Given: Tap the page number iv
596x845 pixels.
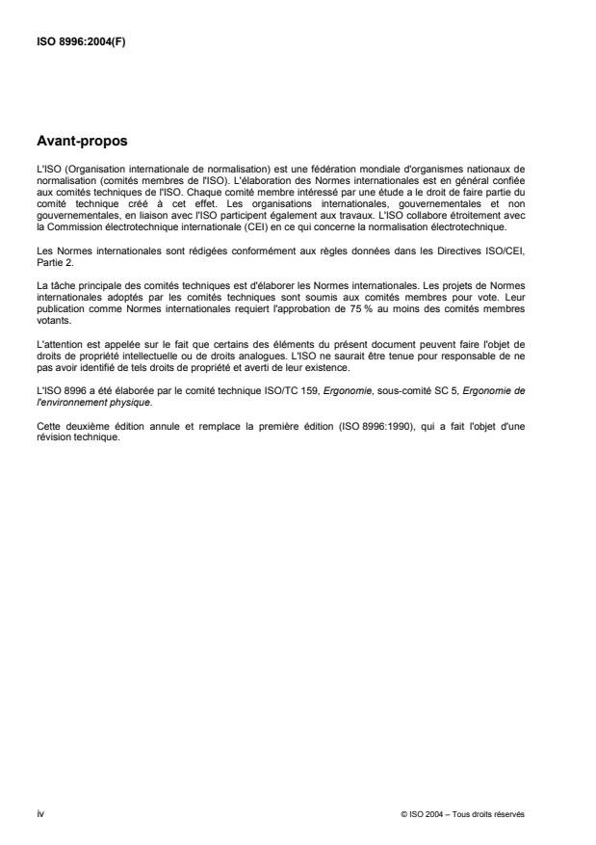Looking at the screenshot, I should click(x=39, y=812).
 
